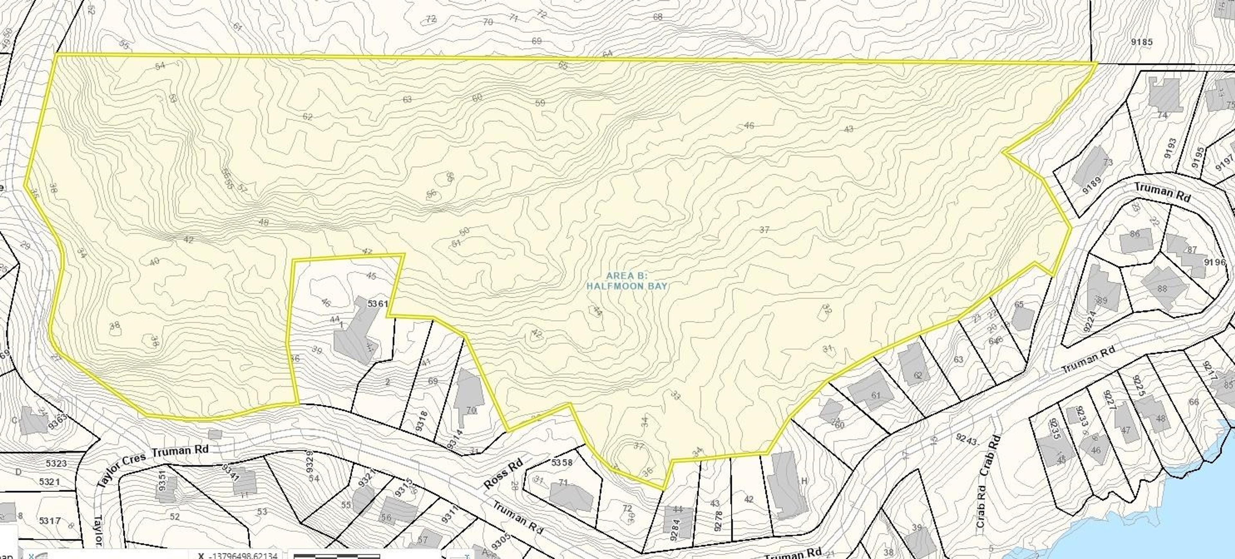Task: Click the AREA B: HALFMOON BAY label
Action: [627, 280]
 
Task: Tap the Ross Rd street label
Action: [502, 475]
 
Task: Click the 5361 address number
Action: [377, 304]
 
